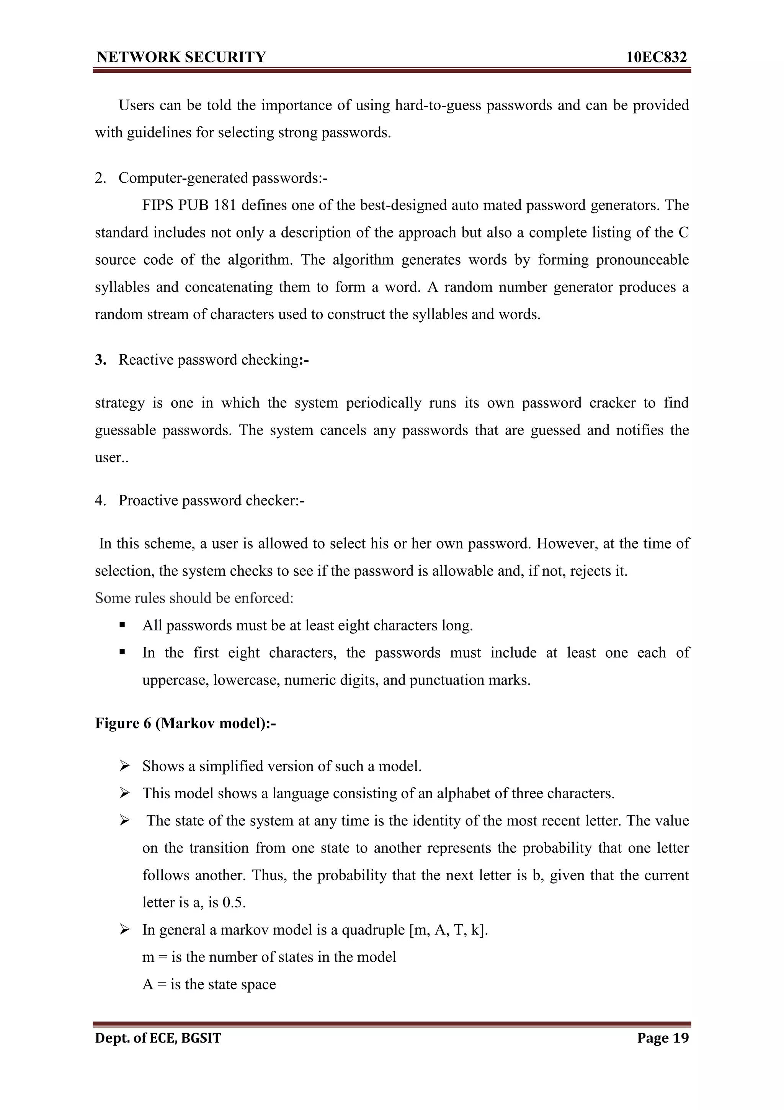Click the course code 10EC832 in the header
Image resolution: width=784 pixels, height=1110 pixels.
click(656, 57)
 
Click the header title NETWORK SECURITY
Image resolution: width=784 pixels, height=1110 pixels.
click(181, 57)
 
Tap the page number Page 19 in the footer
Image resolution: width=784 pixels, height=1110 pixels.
click(663, 1038)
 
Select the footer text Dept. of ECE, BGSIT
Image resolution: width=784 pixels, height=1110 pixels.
click(158, 1038)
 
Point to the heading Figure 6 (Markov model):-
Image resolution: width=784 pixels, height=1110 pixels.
click(186, 723)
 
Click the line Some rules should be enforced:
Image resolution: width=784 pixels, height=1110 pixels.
click(194, 598)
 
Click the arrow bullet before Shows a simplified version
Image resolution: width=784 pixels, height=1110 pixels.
click(125, 766)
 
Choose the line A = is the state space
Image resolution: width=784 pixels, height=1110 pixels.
click(209, 984)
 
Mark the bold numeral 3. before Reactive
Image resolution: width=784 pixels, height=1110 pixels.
click(100, 360)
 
